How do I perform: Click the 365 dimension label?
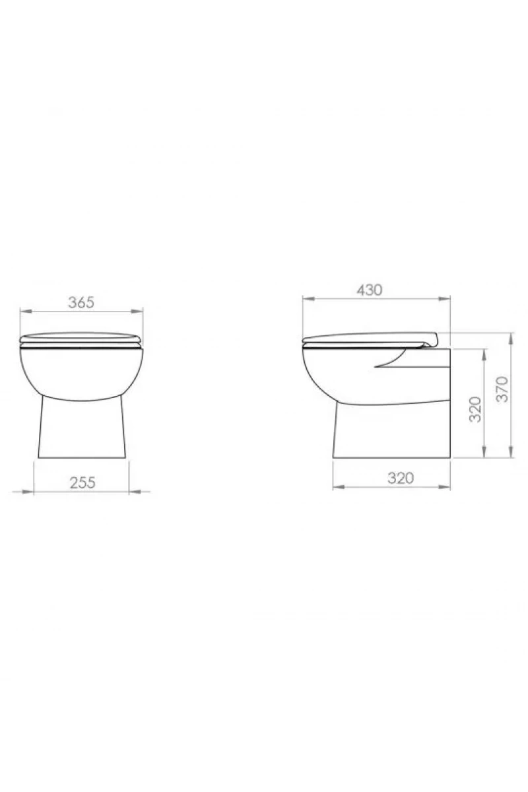(x=81, y=302)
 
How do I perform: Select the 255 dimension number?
(x=82, y=482)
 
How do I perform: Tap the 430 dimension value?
(x=369, y=290)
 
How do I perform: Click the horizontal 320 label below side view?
(x=401, y=478)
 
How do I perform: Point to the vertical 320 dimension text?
(x=475, y=409)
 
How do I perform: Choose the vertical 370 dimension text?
(x=502, y=389)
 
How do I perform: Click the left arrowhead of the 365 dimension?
(x=26, y=311)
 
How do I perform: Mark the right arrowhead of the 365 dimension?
(x=137, y=311)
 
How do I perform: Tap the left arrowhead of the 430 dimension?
(x=308, y=299)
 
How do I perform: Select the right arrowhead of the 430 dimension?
(x=444, y=299)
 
